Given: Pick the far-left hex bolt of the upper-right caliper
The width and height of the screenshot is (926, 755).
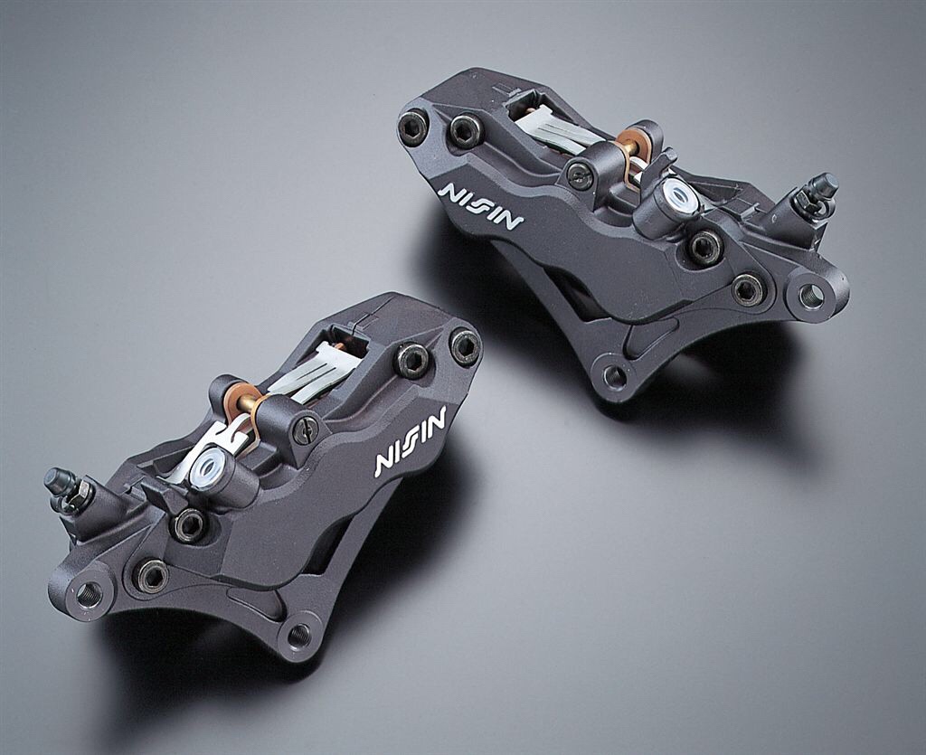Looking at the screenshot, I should coord(413,127).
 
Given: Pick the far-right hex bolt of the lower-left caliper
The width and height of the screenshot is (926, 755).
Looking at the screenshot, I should coord(465,347).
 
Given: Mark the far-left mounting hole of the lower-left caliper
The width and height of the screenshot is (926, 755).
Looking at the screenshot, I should coord(89,594).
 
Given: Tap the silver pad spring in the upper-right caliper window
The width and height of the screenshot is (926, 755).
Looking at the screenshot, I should coord(552,127).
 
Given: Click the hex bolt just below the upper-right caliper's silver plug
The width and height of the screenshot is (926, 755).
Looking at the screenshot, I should coord(704,246).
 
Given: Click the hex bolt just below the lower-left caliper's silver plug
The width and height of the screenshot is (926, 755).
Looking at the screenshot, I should coord(190,525).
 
